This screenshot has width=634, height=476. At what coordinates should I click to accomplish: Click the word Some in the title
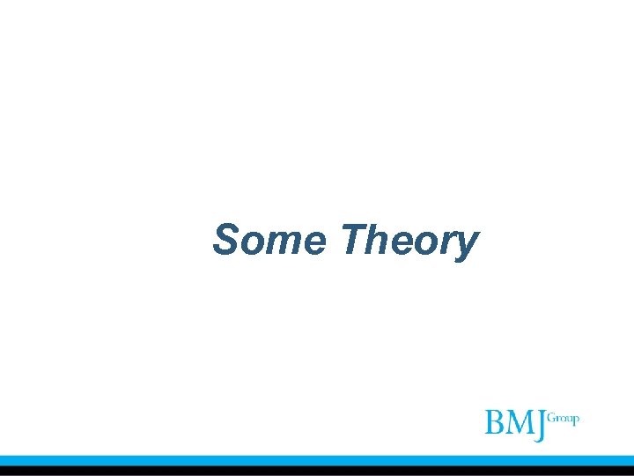coord(270,240)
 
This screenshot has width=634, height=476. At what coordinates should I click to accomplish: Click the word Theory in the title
coord(409,240)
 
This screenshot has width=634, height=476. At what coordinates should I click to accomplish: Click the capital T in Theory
coord(353,239)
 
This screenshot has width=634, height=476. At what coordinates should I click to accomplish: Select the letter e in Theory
coord(399,242)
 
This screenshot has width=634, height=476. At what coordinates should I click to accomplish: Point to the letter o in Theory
coord(423,242)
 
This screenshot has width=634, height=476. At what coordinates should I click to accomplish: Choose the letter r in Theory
coord(443,242)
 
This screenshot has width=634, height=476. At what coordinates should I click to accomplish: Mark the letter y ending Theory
coord(464,246)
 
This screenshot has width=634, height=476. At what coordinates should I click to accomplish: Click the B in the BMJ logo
coord(496,423)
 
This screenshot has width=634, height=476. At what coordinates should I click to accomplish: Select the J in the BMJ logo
coord(540,425)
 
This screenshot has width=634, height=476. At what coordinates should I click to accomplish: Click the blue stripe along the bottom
coord(317,460)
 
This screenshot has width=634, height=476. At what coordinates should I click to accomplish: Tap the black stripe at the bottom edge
coord(317,471)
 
